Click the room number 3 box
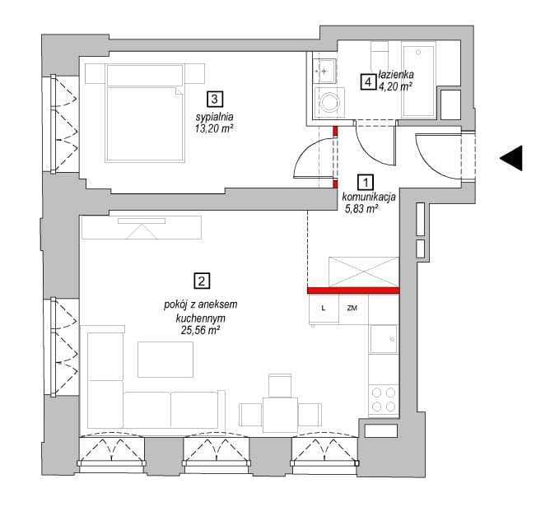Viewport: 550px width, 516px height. tap(214, 100)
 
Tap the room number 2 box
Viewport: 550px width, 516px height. tap(202, 281)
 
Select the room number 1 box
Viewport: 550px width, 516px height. tap(366, 183)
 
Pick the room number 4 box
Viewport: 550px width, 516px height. tap(368, 83)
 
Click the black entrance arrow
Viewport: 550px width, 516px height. tap(511, 158)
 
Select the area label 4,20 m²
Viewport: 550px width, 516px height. tap(394, 86)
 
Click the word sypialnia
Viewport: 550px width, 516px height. tap(214, 117)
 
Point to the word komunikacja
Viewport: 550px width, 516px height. tap(369, 198)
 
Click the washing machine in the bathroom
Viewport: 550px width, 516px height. tap(329, 103)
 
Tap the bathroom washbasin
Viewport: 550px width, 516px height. tap(324, 71)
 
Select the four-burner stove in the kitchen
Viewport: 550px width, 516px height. tap(384, 400)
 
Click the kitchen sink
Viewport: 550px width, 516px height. tap(384, 339)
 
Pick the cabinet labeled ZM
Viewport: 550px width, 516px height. tap(353, 309)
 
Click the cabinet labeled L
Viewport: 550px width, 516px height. tap(324, 309)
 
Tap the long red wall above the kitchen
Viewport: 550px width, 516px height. tap(353, 291)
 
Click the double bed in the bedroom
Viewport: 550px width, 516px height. tap(145, 114)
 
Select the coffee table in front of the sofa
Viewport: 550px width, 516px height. tap(165, 360)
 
